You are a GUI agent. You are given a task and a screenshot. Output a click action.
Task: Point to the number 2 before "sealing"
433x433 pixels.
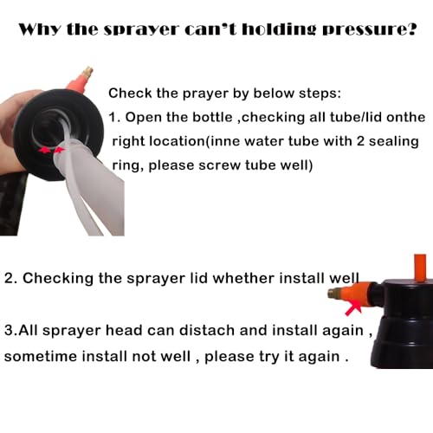[x=360, y=141]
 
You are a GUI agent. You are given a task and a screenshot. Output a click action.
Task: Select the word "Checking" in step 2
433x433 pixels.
[x=58, y=279]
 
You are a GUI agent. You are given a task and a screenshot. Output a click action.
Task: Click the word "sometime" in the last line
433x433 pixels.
[x=41, y=357]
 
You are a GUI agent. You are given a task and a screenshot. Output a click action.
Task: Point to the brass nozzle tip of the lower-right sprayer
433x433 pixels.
[x=333, y=294]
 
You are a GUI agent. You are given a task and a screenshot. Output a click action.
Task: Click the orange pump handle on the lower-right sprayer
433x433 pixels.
[x=420, y=266]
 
